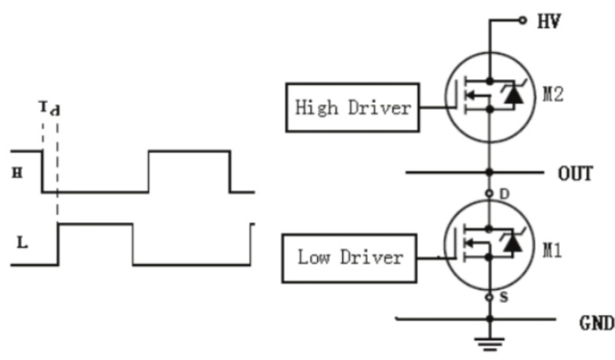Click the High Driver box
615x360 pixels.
(353, 107)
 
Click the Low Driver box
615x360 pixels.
(349, 257)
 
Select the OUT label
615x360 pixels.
(575, 173)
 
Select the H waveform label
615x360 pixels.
(18, 174)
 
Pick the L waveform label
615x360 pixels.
(21, 243)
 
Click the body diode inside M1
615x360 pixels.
(513, 243)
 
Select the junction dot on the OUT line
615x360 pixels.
(489, 171)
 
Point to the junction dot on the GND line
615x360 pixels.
(489, 319)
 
